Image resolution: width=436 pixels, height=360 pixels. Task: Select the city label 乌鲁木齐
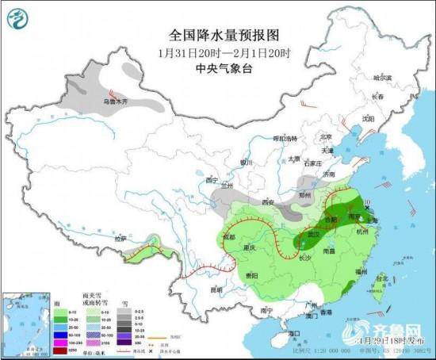tap(115, 101)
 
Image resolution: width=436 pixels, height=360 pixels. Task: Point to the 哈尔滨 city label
tap(384, 78)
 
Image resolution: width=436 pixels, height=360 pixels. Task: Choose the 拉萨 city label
tap(120, 238)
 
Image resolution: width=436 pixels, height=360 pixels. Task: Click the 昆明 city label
tap(217, 289)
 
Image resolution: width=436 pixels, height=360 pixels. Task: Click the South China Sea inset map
tap(25, 321)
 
